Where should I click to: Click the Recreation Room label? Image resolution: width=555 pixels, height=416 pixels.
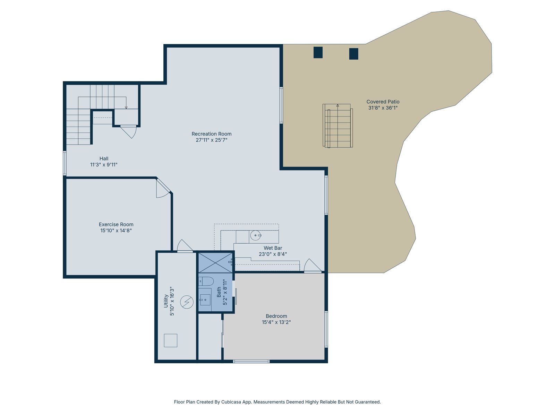[211, 134]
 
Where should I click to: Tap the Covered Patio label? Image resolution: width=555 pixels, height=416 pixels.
[383, 102]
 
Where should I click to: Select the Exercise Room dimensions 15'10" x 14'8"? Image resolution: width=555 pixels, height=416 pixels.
[116, 231]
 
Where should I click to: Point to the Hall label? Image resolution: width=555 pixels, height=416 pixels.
[104, 159]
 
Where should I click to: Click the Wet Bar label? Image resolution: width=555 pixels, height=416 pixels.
[273, 248]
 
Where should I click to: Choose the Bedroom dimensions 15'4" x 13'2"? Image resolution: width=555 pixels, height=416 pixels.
[276, 322]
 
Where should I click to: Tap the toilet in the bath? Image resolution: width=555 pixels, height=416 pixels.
[206, 281]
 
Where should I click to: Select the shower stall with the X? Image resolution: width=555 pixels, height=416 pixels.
[215, 263]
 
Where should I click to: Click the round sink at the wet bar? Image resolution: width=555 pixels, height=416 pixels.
[255, 236]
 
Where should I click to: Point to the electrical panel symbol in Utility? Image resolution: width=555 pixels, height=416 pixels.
[187, 302]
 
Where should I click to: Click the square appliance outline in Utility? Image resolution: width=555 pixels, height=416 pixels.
[170, 340]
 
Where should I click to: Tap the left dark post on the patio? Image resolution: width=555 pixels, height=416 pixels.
[318, 53]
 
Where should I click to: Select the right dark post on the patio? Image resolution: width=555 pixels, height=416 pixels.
[353, 54]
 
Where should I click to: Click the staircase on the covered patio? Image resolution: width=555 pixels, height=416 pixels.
[338, 125]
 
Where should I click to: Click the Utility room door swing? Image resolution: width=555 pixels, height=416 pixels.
[184, 246]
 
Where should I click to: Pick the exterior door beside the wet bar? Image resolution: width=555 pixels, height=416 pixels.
[313, 266]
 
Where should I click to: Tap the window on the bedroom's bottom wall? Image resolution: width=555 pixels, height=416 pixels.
[251, 362]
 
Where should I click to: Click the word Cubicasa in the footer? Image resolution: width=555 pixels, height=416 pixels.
[231, 402]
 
